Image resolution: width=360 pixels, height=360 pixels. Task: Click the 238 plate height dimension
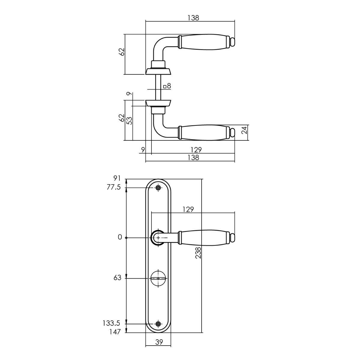click(x=198, y=253)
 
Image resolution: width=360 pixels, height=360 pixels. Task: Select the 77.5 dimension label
click(x=114, y=187)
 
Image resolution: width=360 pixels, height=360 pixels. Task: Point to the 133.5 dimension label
click(x=112, y=323)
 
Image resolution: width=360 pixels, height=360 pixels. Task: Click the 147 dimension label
click(x=115, y=332)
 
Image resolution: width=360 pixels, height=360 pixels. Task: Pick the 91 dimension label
click(x=117, y=178)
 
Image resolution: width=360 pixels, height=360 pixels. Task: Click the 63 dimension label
click(x=117, y=278)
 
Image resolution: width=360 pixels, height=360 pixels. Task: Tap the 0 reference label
click(x=120, y=237)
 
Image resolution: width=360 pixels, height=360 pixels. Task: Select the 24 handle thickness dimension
click(x=244, y=130)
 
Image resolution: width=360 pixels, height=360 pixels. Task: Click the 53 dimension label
click(x=130, y=121)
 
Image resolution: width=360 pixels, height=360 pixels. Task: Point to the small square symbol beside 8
click(x=165, y=86)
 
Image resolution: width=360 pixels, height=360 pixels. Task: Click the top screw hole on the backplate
click(x=158, y=188)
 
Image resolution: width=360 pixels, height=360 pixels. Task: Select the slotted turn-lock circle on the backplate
click(x=158, y=278)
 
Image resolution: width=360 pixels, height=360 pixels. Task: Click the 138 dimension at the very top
click(x=193, y=18)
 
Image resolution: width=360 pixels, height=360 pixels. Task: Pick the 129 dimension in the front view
click(x=188, y=209)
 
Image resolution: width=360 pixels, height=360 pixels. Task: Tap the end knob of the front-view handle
click(x=232, y=238)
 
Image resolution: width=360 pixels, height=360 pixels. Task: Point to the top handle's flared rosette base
click(x=158, y=72)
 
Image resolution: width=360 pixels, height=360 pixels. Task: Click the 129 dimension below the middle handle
click(x=196, y=150)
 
